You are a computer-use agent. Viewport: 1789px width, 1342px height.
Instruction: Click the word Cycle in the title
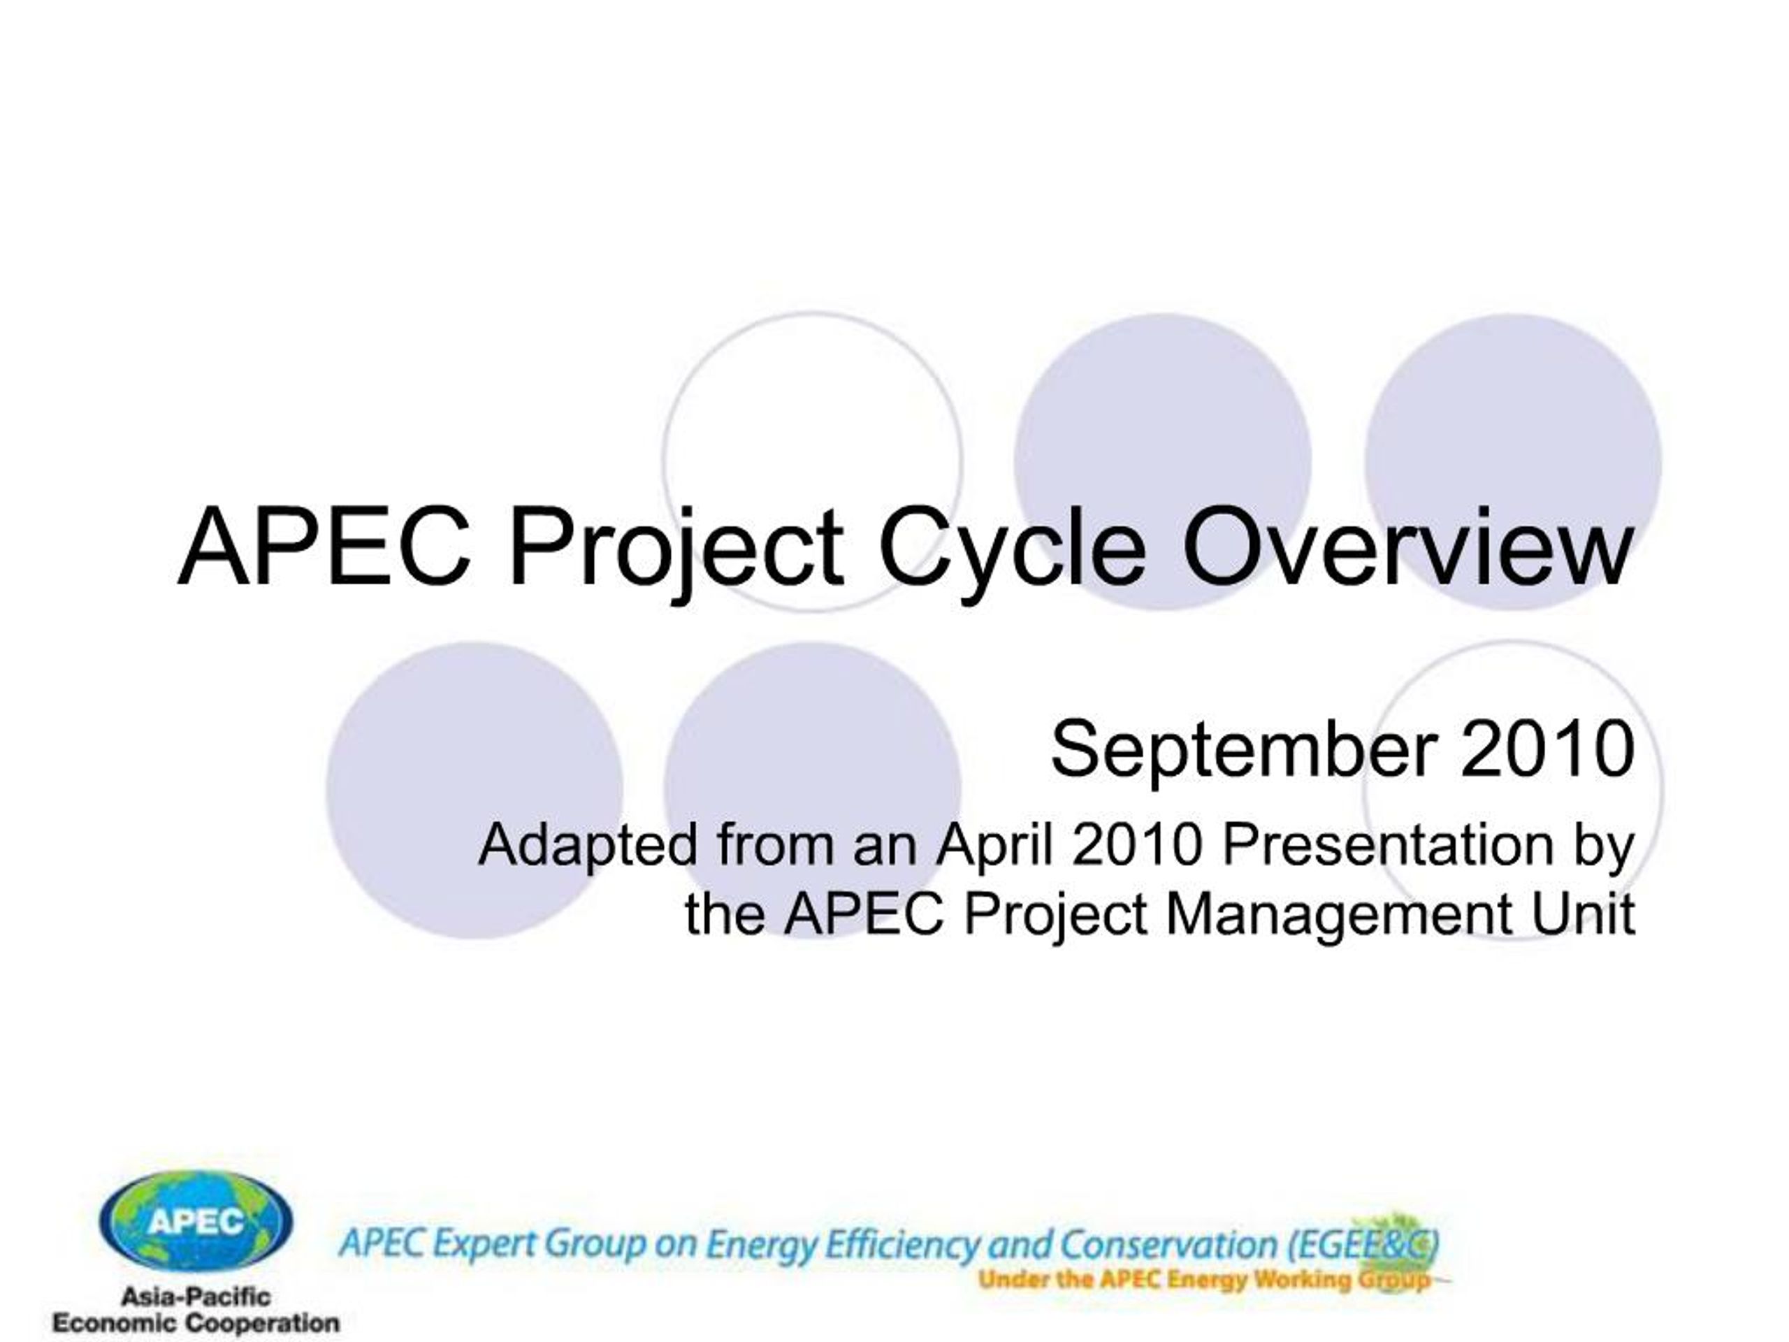click(1013, 551)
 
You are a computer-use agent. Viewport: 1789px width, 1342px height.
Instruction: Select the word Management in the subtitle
click(1338, 916)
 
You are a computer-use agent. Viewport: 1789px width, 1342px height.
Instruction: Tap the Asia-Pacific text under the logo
click(196, 1297)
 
